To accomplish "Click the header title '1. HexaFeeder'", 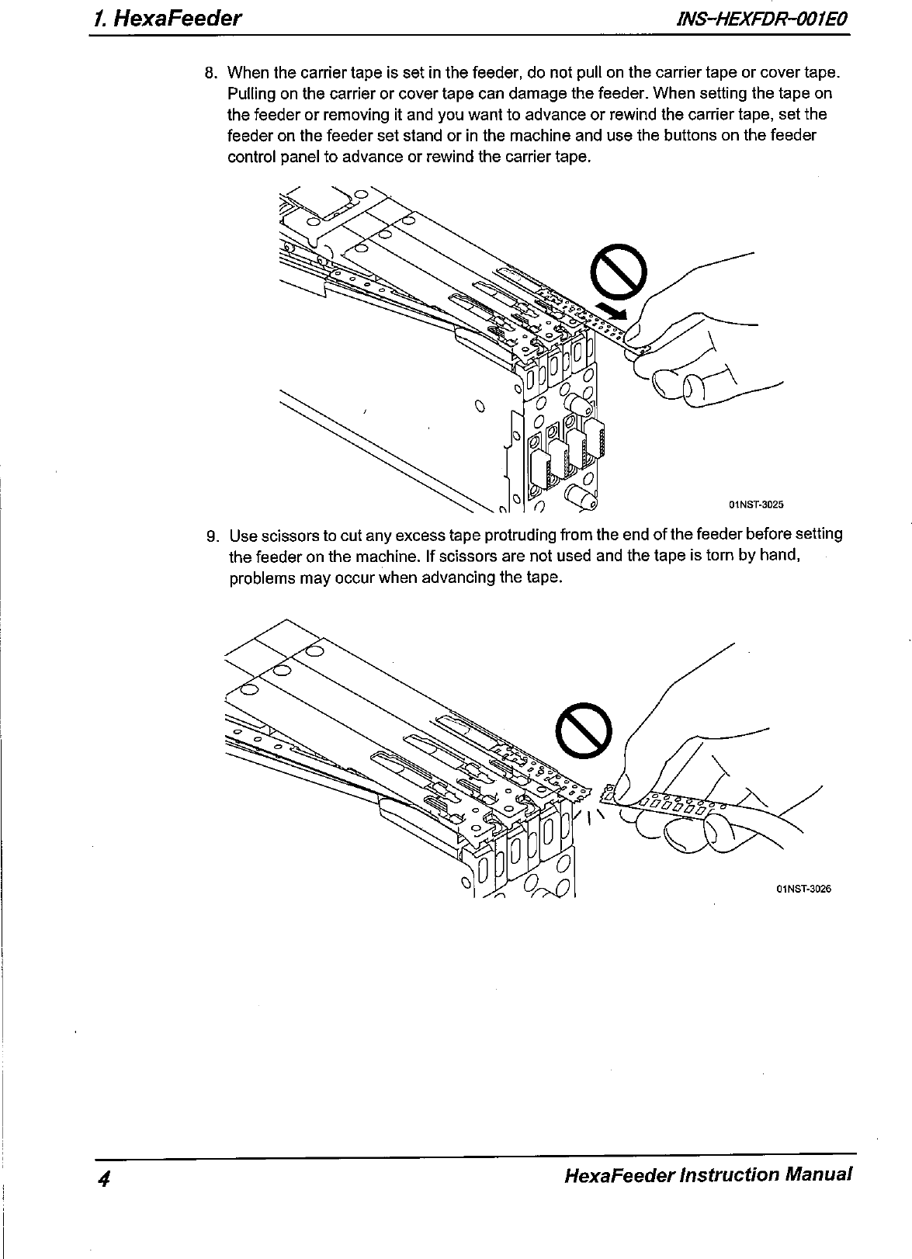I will point(165,19).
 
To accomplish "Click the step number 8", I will point(210,74).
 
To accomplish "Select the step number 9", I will point(212,536).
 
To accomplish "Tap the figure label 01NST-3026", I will point(803,890).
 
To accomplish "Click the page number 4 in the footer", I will point(102,1177).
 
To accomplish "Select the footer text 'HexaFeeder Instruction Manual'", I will point(709,1173).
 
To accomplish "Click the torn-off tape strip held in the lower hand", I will point(668,803).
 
